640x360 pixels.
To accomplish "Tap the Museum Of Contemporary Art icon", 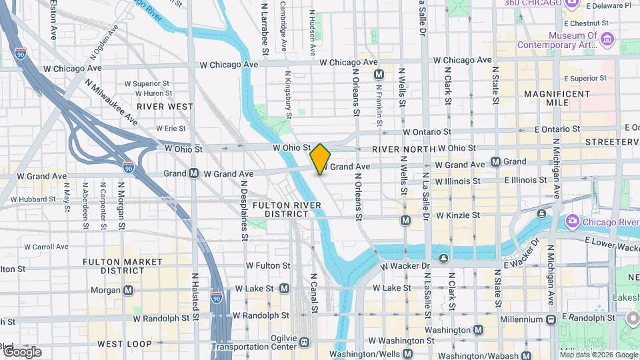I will pos(607,40).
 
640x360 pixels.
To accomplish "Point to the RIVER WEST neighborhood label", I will pos(165,106).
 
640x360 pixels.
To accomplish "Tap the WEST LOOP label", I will pos(122,343).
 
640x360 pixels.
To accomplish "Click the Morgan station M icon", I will pos(129,290).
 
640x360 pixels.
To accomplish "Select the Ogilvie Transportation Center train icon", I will pos(304,342).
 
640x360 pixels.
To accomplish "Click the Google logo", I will pos(21,351).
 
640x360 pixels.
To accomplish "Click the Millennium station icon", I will pos(551,319).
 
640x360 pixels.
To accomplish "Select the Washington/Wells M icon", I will pos(408,354).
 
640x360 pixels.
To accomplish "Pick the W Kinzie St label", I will pos(458,215).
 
